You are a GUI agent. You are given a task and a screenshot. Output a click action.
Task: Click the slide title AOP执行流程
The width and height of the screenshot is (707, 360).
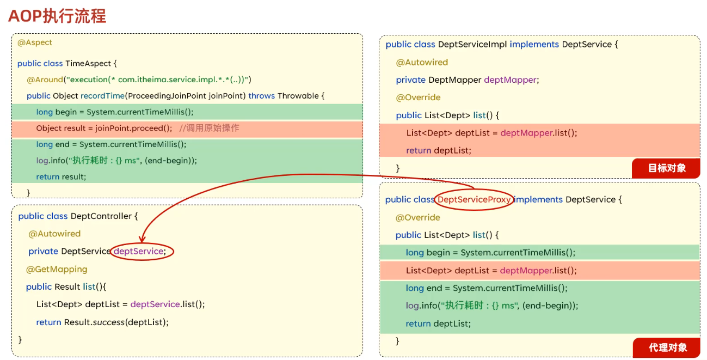point(57,16)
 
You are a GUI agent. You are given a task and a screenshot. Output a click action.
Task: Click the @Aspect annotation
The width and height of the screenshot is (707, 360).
point(35,42)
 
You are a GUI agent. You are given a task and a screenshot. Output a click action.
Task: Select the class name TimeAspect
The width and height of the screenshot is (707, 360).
point(91,63)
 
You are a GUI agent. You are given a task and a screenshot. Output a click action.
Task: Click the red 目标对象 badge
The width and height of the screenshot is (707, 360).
point(666,168)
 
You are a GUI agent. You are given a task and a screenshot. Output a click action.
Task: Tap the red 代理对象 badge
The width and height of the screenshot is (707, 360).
point(667,347)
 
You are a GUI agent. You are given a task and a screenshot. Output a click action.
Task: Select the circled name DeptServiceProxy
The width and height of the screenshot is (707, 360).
point(474,199)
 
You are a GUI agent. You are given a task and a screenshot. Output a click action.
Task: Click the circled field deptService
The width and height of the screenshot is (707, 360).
point(140,251)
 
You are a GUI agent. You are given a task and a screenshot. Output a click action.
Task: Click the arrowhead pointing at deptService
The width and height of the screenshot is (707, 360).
point(142,239)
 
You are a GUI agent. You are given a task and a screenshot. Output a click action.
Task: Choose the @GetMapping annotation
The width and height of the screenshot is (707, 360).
point(57,269)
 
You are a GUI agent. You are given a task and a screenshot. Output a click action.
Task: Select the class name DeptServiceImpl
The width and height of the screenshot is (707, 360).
point(471,45)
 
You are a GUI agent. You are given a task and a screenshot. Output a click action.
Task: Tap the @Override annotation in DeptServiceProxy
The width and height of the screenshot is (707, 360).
point(418,217)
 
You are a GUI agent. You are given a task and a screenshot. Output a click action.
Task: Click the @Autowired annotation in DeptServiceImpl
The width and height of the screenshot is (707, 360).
point(422,62)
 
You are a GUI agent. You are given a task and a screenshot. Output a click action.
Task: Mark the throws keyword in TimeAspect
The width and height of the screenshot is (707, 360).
point(262,96)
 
